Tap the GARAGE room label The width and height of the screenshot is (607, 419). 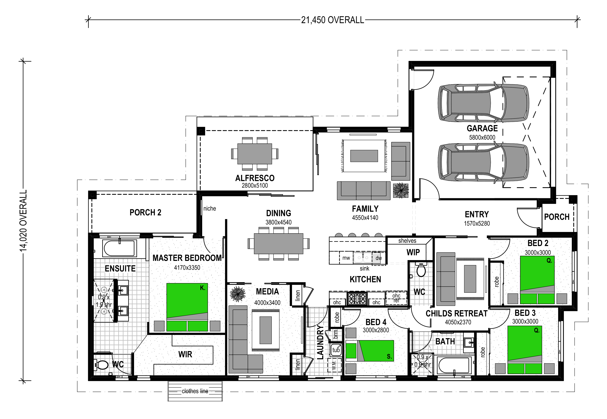coord(482,128)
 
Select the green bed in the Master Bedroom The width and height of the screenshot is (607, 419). coord(187,307)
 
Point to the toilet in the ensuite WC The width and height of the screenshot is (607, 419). coord(101,365)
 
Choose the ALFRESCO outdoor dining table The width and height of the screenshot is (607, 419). coord(255,153)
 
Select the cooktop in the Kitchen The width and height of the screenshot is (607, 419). coord(357,298)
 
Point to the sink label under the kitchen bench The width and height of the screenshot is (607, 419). coord(364,268)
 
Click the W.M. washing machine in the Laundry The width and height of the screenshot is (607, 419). coord(334,365)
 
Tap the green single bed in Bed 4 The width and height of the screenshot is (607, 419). coord(370,351)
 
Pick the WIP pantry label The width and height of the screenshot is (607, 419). coord(413,252)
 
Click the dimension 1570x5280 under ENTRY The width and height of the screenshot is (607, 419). coord(477,223)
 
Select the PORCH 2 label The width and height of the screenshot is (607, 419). coord(145,212)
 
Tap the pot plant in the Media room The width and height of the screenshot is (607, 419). coord(238,294)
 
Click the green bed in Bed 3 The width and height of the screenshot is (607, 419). coord(525,350)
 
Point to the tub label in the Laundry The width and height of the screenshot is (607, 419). coord(336,350)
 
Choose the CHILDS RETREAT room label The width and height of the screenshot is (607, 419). coord(457,314)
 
